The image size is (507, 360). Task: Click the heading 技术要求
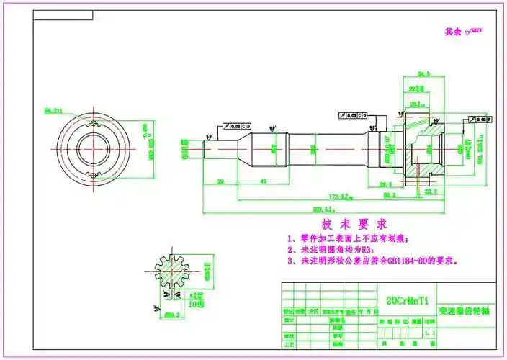click(354, 224)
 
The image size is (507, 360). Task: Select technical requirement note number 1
click(348, 238)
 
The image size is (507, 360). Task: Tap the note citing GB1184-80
click(372, 261)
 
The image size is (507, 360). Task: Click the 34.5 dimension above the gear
click(423, 74)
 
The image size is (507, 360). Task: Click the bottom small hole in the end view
click(91, 174)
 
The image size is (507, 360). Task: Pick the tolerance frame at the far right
click(481, 117)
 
